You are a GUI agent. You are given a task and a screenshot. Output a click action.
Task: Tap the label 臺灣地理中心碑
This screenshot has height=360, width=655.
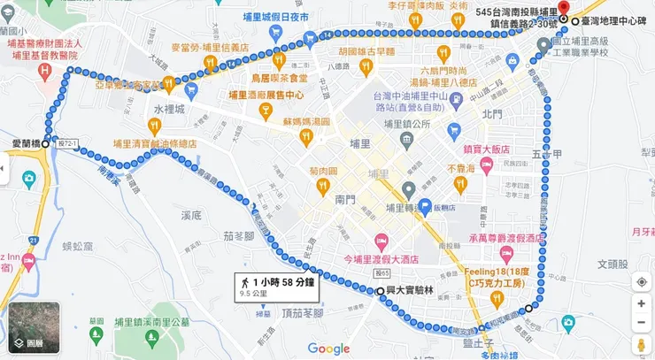(617, 19)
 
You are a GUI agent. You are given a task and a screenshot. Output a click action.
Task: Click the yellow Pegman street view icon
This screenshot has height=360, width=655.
(640, 342)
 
